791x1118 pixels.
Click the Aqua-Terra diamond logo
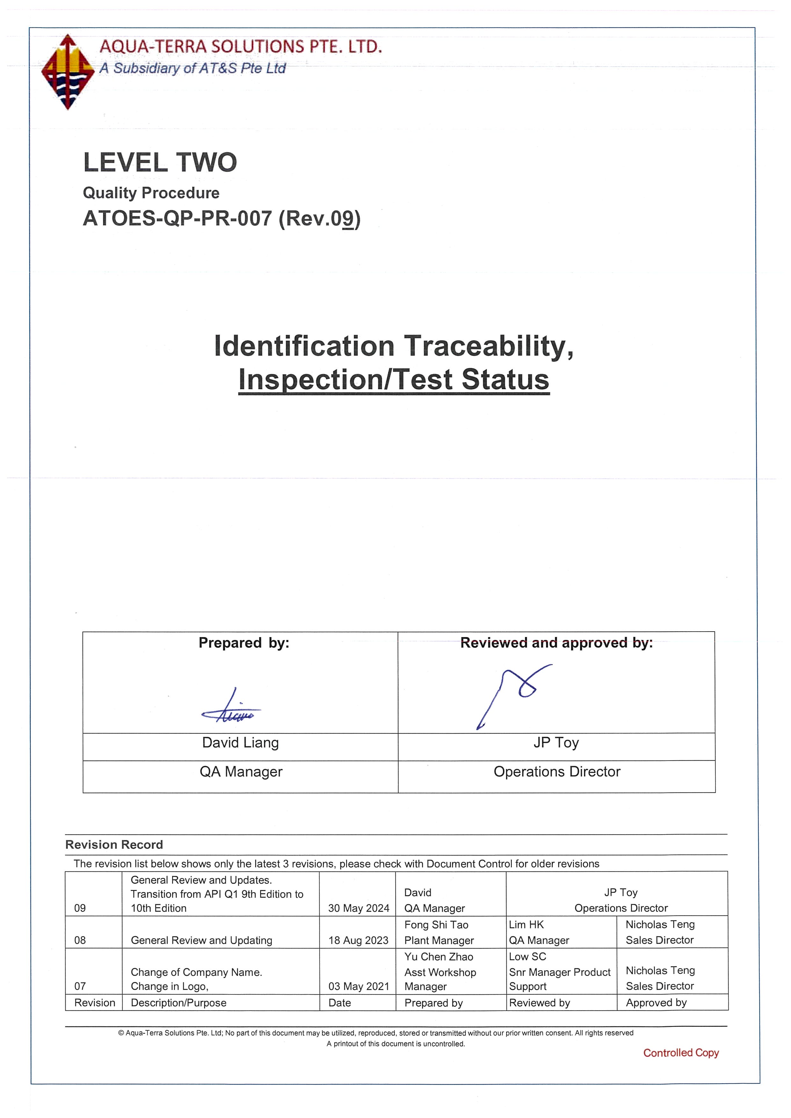tap(67, 72)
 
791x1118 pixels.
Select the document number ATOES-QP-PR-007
tap(177, 219)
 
